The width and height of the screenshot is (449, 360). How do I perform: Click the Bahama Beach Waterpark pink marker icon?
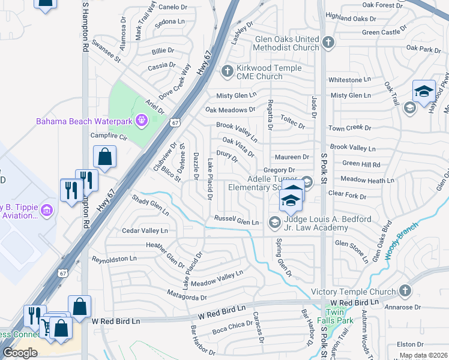(x=141, y=121)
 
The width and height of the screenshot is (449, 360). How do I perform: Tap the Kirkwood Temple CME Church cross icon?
(x=227, y=71)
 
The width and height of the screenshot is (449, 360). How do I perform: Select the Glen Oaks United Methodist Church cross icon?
(x=328, y=43)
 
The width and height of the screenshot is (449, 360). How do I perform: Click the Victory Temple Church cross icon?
(x=405, y=292)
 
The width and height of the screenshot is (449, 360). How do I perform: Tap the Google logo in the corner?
(x=20, y=352)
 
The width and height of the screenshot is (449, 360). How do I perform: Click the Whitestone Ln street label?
(x=349, y=80)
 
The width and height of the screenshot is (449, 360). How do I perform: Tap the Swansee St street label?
(x=106, y=51)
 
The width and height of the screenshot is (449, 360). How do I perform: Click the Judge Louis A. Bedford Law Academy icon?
(x=274, y=223)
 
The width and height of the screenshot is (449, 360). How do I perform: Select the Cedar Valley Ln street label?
(x=145, y=230)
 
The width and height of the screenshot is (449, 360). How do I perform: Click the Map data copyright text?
(x=423, y=355)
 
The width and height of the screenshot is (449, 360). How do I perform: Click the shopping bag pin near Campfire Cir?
(x=104, y=157)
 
